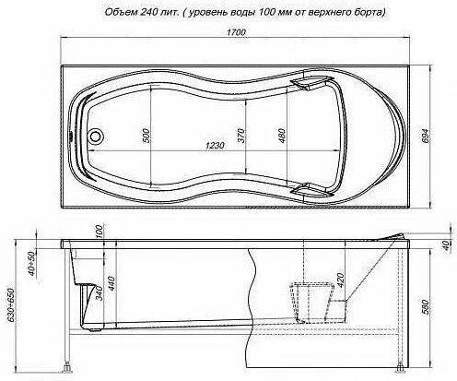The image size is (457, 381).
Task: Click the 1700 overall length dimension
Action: pos(237,32)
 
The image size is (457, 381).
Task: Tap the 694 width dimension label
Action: pos(425,136)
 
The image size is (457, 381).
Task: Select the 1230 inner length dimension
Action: pos(215,145)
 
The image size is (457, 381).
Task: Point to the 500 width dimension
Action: pos(146,136)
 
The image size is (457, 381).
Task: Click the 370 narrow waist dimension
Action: pos(241,136)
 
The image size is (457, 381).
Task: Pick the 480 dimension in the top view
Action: pos(283,136)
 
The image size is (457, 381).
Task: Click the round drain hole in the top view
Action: pos(95,136)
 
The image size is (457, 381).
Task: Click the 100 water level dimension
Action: pos(99,232)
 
